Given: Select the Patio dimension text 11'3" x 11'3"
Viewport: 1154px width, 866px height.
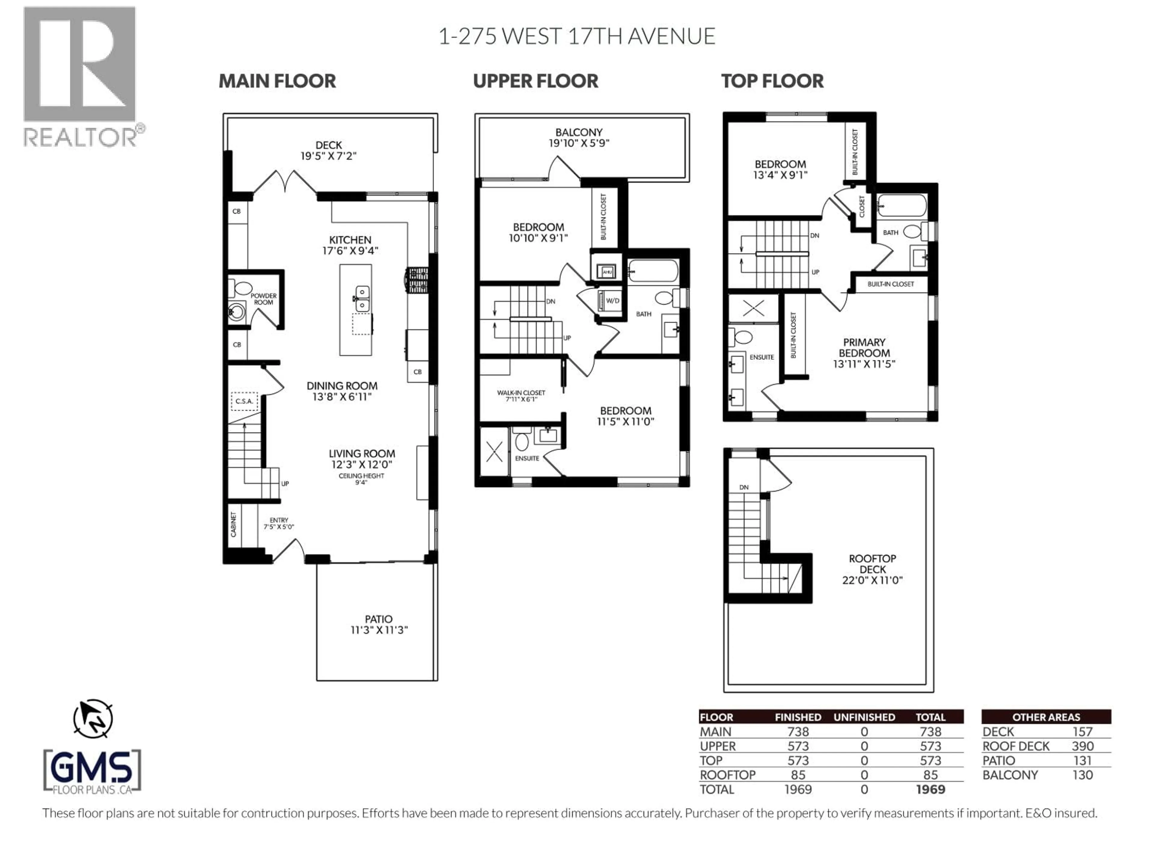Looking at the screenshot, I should click(379, 630).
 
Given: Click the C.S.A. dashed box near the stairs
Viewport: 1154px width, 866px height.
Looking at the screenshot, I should click(244, 401).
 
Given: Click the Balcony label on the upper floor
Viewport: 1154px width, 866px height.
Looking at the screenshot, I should click(579, 133).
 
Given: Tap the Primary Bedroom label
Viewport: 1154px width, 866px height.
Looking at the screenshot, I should click(864, 348).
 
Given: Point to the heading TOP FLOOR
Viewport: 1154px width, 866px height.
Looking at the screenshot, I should click(772, 81).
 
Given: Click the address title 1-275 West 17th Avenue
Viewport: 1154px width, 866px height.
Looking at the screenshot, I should click(576, 37).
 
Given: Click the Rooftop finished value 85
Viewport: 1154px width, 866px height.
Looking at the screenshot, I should click(798, 775).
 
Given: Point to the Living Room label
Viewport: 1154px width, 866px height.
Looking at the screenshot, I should click(362, 454).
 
